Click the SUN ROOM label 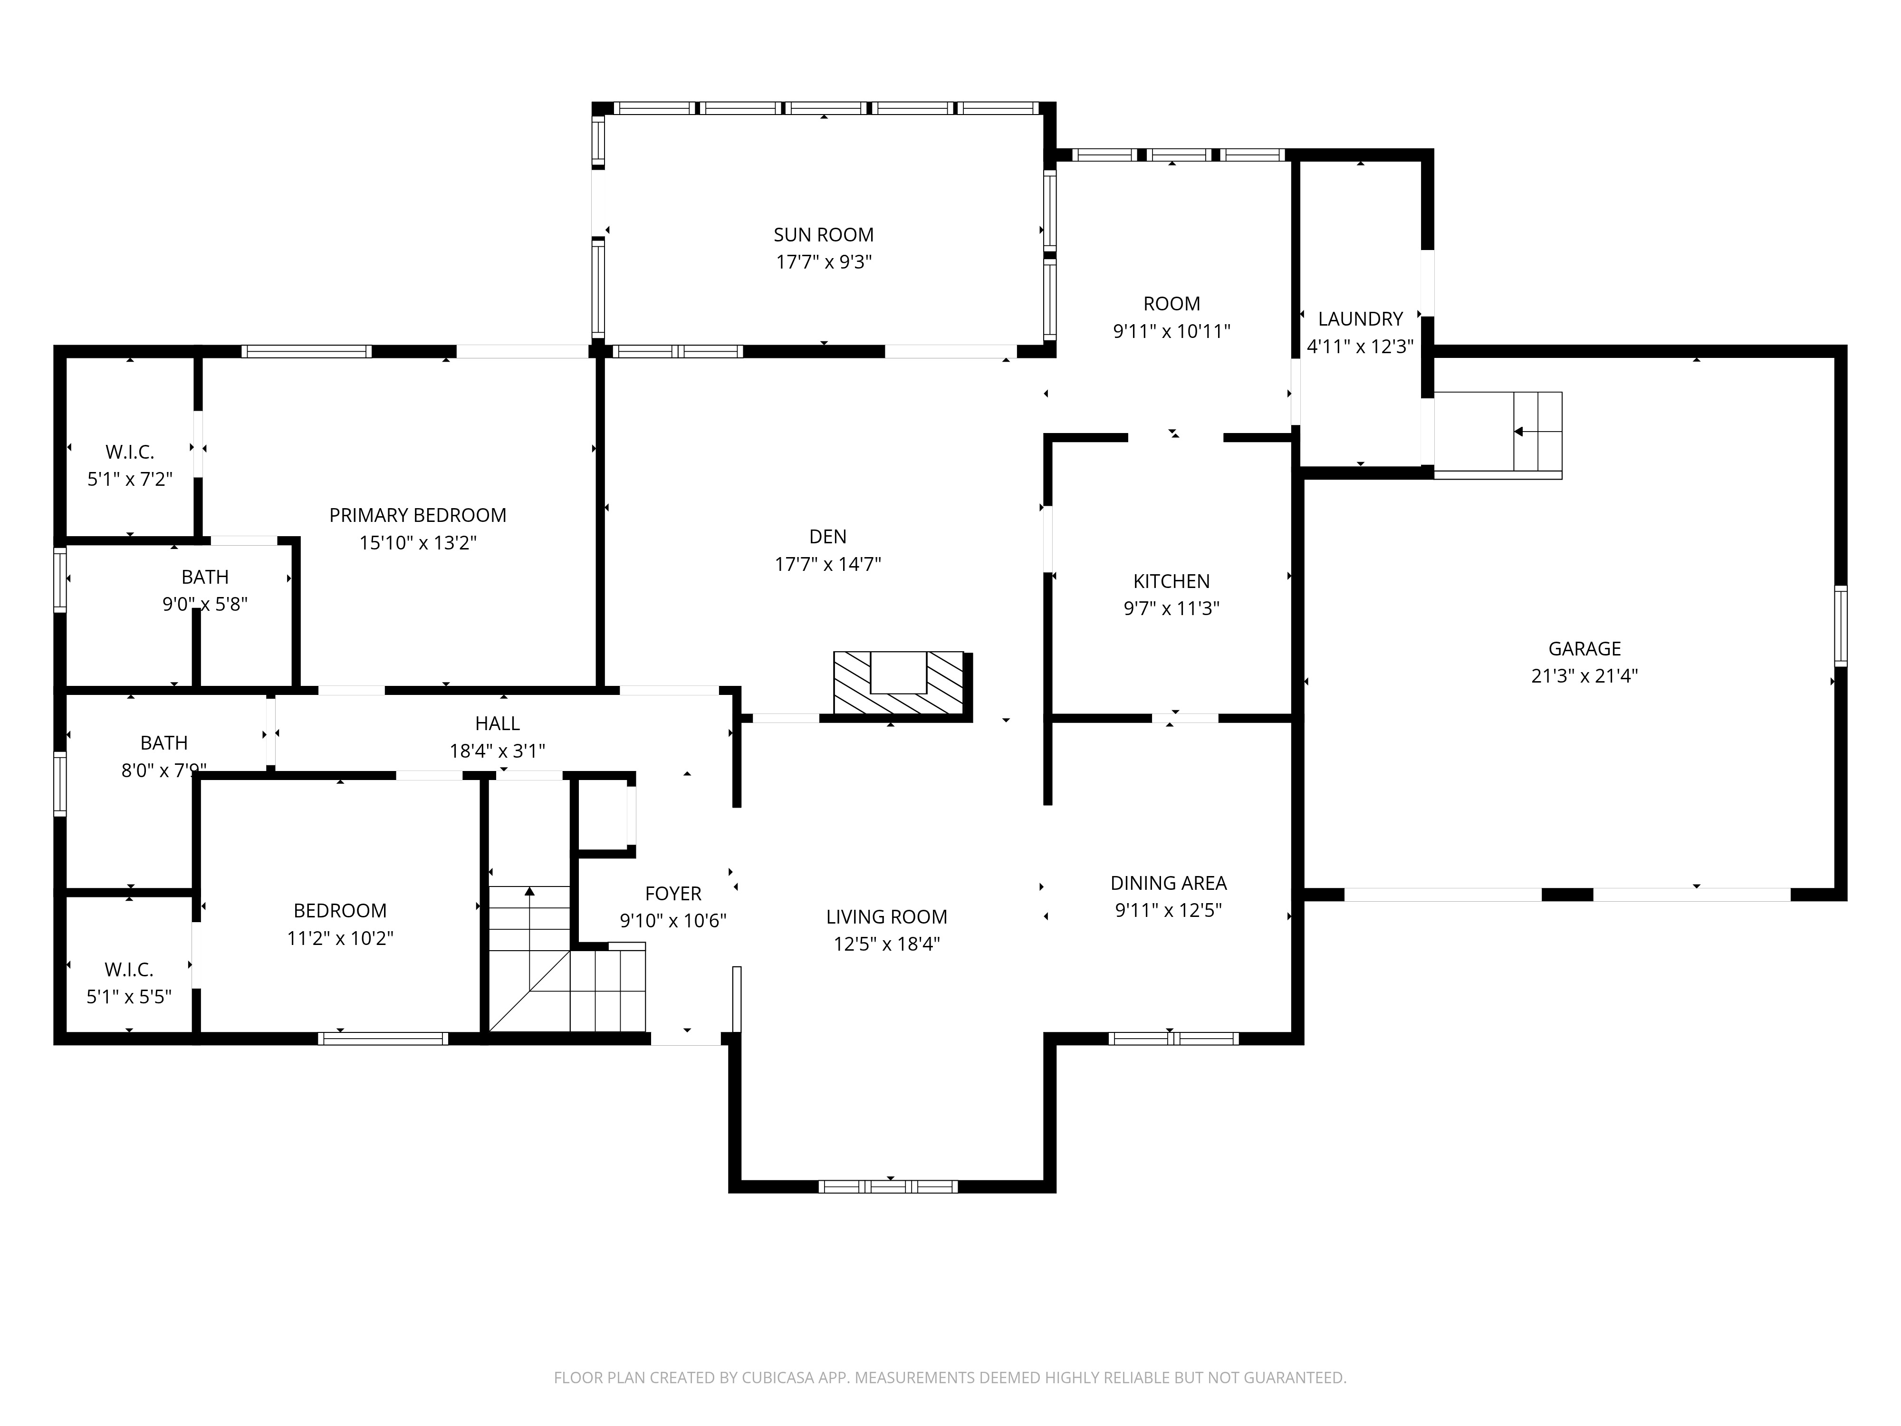(823, 235)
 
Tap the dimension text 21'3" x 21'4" (1584, 675)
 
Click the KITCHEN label (1171, 581)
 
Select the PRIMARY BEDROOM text (418, 515)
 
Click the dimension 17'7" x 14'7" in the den (827, 564)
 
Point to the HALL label (497, 724)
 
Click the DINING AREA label (1168, 883)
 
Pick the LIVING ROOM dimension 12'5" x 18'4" (886, 944)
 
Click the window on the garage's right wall (1840, 626)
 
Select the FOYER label (673, 894)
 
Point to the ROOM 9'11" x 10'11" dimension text (1171, 331)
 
